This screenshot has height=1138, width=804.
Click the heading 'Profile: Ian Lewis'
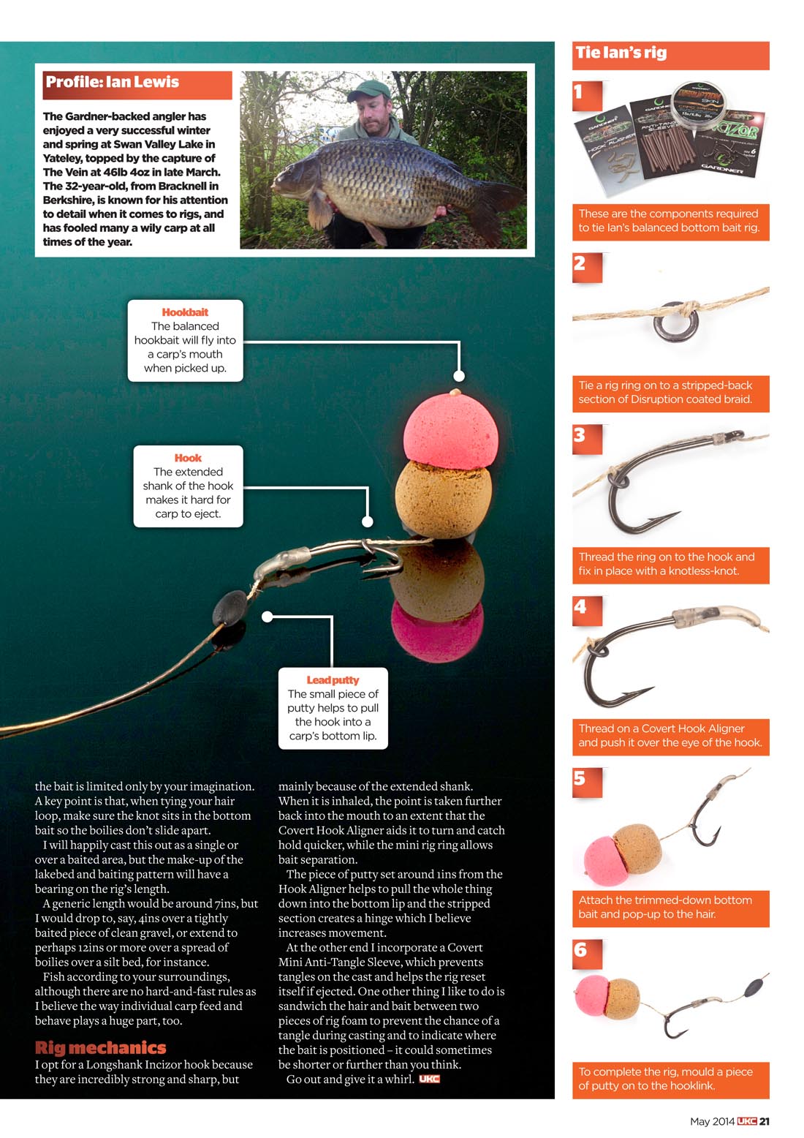click(x=113, y=83)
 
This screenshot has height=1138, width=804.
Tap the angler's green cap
click(x=369, y=90)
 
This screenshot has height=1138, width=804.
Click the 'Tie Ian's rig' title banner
click(x=621, y=53)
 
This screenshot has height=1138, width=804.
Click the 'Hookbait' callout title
click(x=185, y=312)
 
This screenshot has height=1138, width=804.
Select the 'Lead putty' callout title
click(x=333, y=680)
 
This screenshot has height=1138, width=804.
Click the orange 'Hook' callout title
click(x=188, y=458)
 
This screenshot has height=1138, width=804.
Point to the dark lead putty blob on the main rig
click(x=230, y=607)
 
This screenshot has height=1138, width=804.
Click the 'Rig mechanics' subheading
click(x=101, y=1048)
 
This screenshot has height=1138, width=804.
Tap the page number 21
click(x=764, y=1121)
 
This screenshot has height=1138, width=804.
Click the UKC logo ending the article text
click(x=429, y=1079)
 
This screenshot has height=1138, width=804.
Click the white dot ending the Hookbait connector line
click(x=459, y=376)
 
